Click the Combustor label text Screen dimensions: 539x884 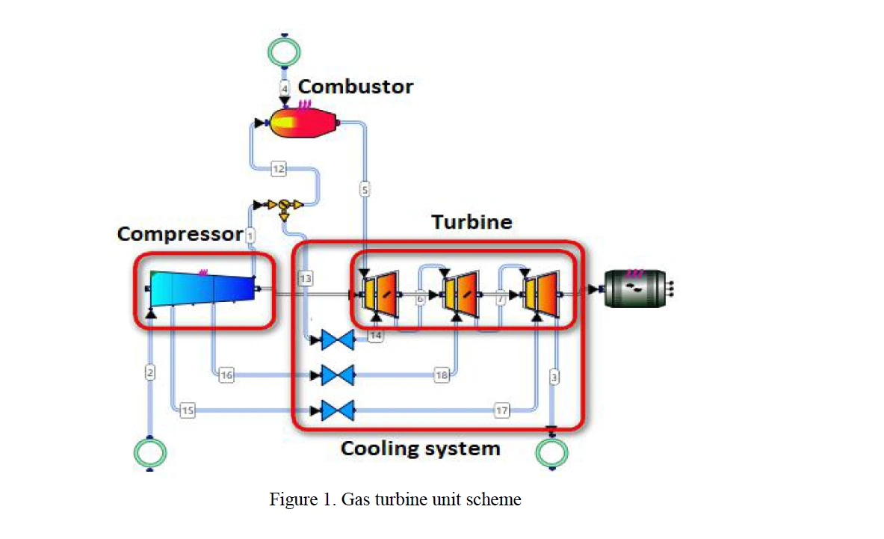(355, 86)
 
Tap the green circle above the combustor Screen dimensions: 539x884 (284, 52)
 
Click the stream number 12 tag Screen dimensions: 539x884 (278, 170)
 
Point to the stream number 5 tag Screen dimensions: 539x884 (365, 190)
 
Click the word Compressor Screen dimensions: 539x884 (179, 234)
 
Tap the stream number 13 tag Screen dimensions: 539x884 (305, 278)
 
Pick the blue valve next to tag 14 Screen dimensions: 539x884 (337, 341)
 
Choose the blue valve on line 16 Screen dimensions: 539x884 (337, 375)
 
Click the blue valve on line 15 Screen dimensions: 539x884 (337, 410)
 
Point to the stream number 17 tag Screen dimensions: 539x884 (501, 410)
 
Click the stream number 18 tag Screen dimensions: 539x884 (442, 375)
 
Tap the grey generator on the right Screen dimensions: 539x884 (634, 288)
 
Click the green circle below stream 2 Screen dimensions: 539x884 (149, 453)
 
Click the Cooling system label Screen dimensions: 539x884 (420, 449)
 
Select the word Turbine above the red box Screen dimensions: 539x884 (472, 222)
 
